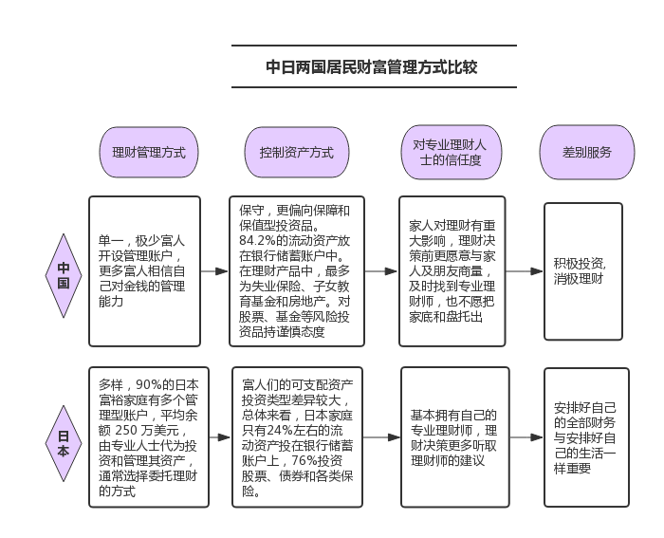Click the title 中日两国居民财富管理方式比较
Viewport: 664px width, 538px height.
point(374,67)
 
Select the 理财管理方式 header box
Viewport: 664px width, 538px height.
point(149,152)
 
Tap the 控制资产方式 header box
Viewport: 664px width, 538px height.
point(296,152)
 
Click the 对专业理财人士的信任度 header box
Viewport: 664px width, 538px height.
point(445,152)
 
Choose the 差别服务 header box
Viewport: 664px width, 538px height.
point(587,152)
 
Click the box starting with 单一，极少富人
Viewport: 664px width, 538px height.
point(145,271)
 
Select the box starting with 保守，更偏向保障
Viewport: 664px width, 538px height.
point(295,271)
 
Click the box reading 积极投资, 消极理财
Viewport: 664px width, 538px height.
point(583,271)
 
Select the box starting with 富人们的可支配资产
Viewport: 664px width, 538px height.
point(295,437)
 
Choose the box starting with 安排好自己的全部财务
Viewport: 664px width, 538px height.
point(585,437)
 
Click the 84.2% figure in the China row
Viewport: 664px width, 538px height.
point(258,240)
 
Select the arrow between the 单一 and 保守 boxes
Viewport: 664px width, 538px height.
point(215,271)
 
